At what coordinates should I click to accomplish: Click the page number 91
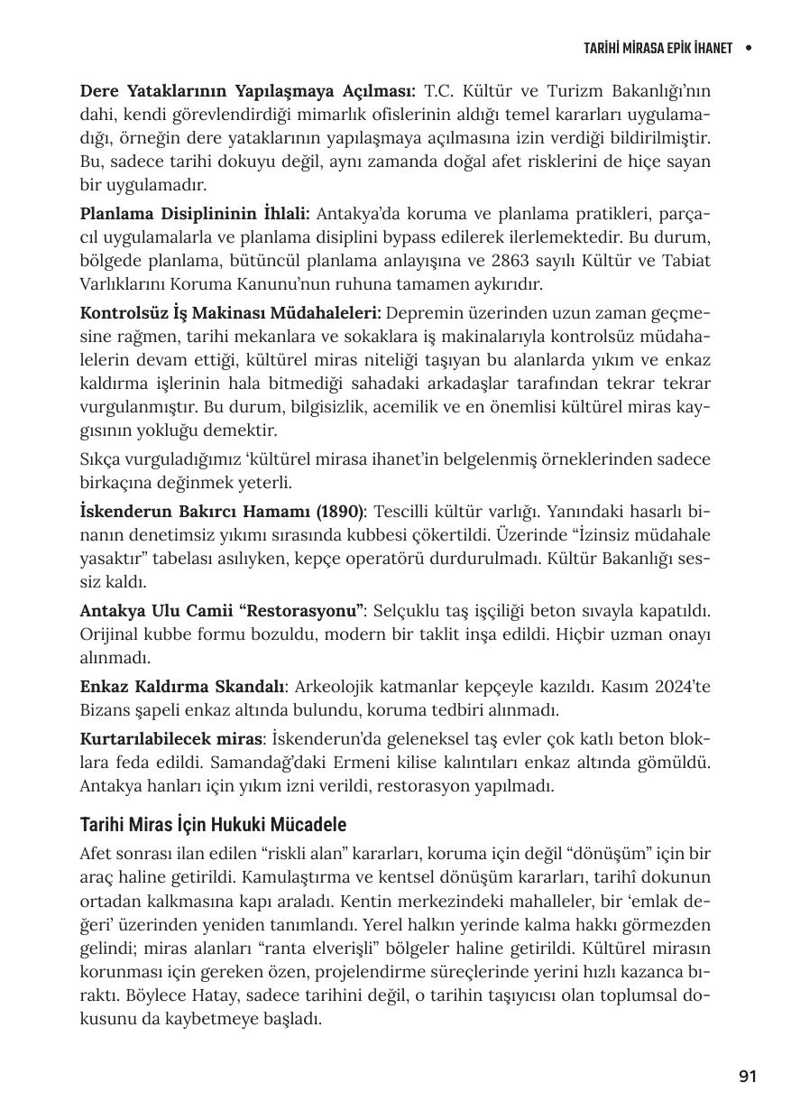pyautogui.click(x=747, y=1076)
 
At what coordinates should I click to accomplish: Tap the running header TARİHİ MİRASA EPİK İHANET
pyautogui.click(x=658, y=47)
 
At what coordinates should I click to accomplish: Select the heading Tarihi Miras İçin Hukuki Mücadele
pyautogui.click(x=213, y=825)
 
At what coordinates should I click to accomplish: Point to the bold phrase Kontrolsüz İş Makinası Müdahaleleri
pyautogui.click(x=230, y=313)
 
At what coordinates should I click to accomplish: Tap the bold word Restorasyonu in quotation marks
pyautogui.click(x=306, y=610)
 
